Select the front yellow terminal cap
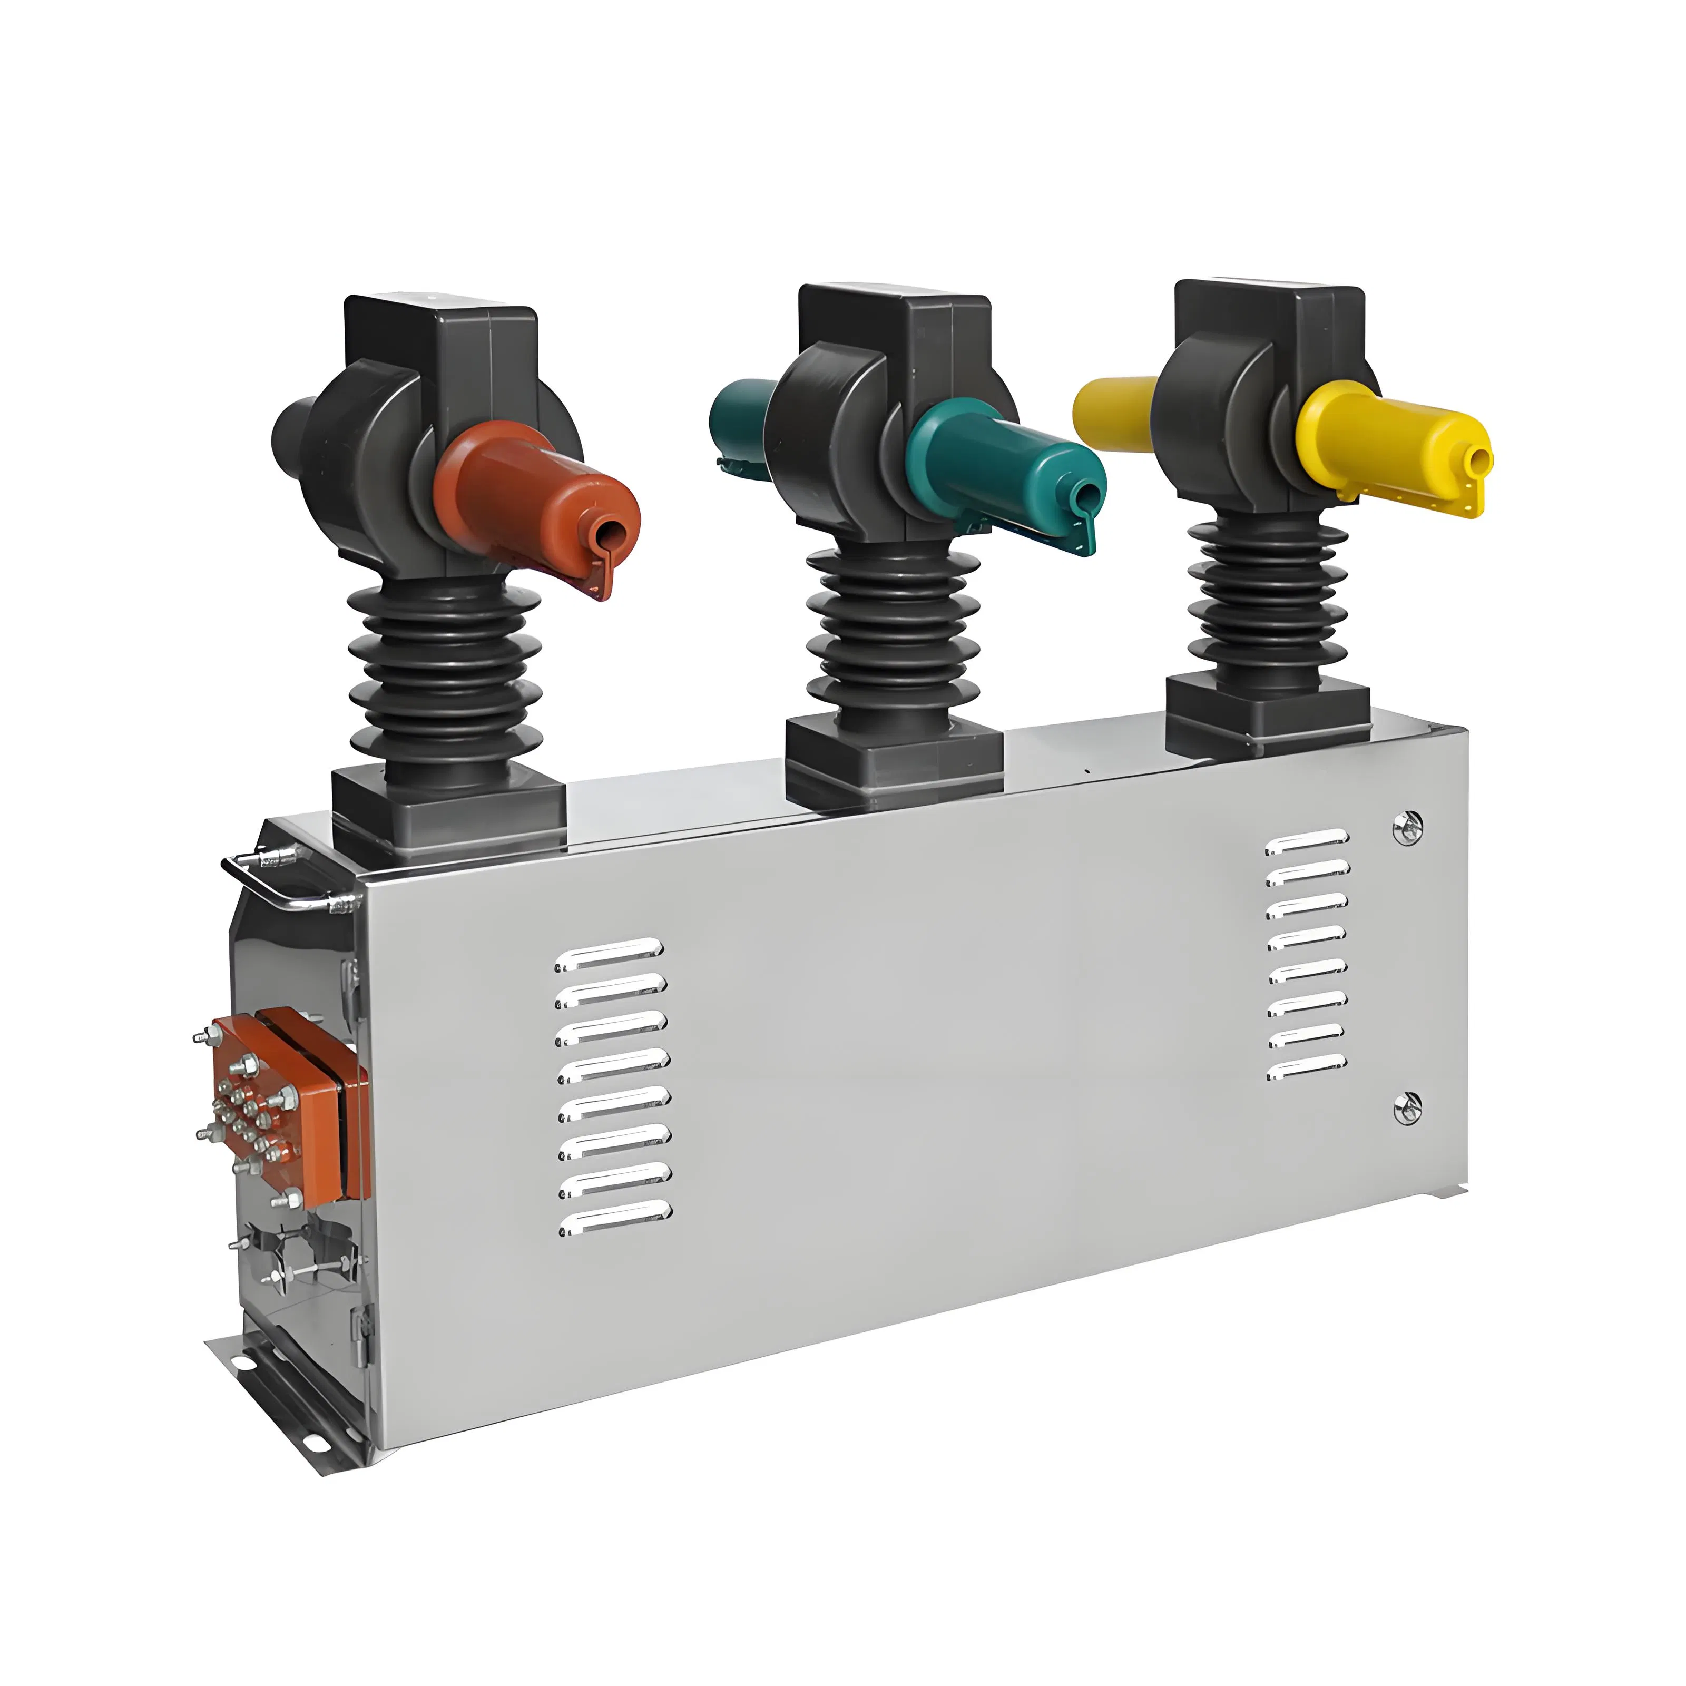pos(1388,445)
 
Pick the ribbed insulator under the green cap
pos(890,629)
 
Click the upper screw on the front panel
pos(1407,827)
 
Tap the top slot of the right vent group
pos(1307,841)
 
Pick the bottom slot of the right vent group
pos(1307,1066)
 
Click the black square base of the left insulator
pos(449,807)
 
